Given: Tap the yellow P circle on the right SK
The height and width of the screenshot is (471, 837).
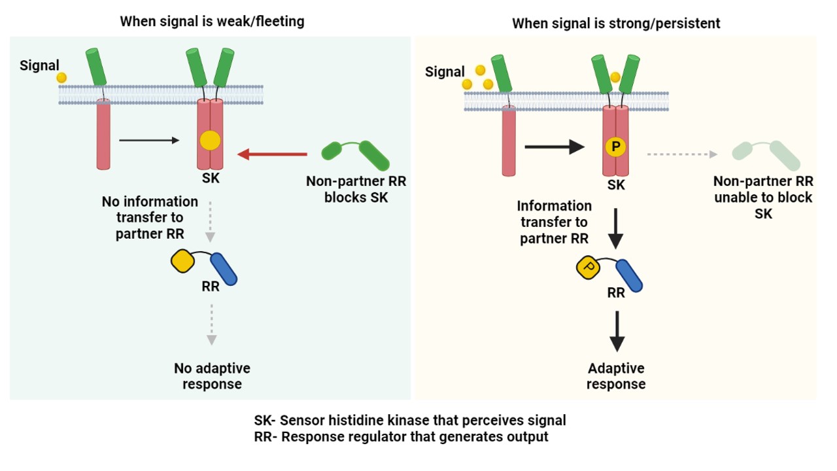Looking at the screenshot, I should coord(615,147).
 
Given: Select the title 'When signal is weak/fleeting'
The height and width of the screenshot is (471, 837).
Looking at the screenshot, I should coord(212,22).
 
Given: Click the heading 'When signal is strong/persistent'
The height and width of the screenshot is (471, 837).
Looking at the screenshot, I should coord(616,24).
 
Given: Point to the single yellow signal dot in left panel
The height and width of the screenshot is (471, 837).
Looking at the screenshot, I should coord(61,77).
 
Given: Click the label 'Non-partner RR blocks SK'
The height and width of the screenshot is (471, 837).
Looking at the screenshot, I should coord(356,189).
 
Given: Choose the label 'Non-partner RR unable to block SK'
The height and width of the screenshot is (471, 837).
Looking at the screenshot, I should coord(763,197).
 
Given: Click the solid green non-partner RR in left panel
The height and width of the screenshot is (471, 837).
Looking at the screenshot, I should coord(356,154).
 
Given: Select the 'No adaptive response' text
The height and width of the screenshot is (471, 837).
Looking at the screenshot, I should coord(212,376).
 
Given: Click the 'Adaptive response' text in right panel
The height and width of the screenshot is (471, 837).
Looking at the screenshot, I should coord(616,376).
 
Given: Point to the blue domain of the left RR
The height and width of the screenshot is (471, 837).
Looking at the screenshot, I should coord(224,269).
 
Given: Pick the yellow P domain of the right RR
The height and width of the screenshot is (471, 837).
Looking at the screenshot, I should coord(588,267).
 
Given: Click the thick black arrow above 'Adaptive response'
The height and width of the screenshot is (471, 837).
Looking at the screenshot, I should coord(616,332).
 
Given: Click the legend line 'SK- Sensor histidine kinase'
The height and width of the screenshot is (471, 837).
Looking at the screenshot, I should coord(410,420).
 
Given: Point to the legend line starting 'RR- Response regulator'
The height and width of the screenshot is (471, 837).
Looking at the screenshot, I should coord(401,436).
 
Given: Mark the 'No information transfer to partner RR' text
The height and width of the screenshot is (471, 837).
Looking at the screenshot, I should coord(150,217).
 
